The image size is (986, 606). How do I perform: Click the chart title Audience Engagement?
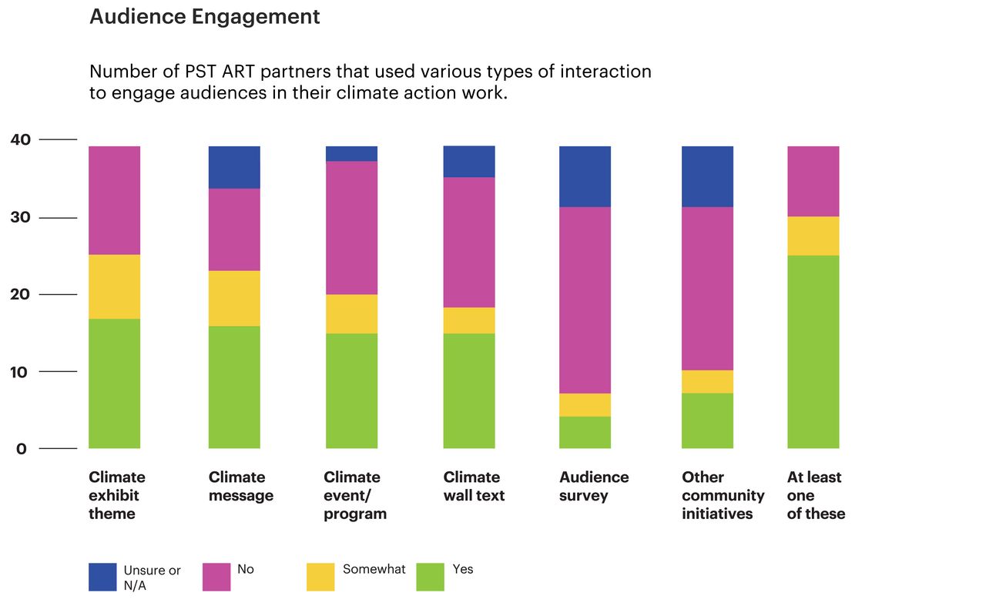point(204,17)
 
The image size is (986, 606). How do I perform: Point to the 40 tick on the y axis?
point(21,139)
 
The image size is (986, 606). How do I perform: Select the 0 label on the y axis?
point(21,449)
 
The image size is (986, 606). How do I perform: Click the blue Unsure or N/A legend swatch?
point(102,577)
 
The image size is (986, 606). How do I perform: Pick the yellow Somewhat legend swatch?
point(320,577)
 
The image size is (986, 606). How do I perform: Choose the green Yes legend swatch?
point(430,577)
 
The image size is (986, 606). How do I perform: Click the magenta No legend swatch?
point(216,577)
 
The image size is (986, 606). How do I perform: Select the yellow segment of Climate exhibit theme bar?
point(115,286)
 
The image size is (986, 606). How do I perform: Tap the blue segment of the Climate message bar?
point(234,167)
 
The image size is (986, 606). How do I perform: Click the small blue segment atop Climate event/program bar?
point(351,153)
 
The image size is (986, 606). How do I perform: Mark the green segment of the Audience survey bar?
point(584,433)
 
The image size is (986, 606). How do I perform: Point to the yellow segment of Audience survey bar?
point(584,405)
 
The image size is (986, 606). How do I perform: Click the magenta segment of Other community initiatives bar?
point(707,289)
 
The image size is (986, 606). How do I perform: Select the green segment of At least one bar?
point(813,352)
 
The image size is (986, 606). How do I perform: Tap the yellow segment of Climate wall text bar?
point(468,320)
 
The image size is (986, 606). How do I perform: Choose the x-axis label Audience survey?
point(593,487)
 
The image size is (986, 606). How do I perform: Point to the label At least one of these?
point(815,495)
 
